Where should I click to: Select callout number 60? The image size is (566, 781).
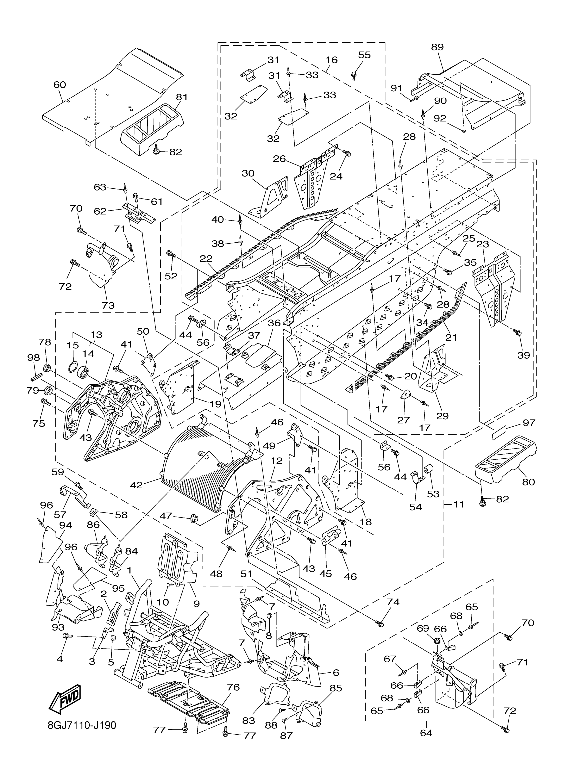[x=59, y=85]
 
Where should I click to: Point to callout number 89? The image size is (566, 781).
[x=437, y=47]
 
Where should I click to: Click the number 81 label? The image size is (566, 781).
[x=181, y=97]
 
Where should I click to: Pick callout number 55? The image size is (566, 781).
[x=364, y=55]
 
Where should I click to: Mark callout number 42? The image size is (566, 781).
[x=136, y=485]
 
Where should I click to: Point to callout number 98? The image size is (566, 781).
[x=34, y=358]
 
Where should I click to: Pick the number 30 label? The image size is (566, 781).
[x=248, y=173]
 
